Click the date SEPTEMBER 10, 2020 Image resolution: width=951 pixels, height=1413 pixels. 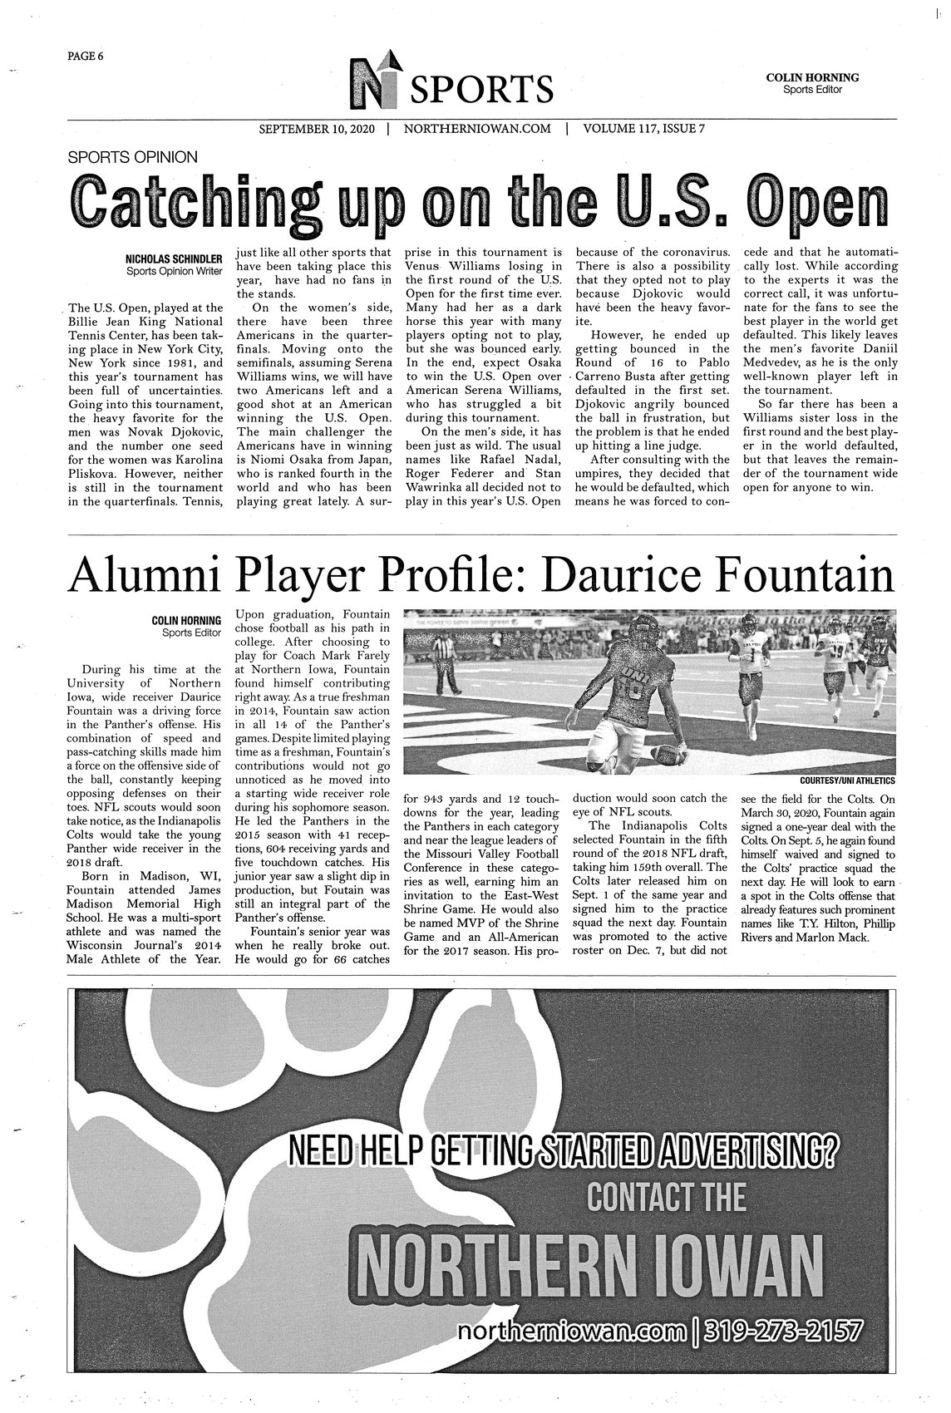317,130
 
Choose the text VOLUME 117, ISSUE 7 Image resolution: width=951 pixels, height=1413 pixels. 644,130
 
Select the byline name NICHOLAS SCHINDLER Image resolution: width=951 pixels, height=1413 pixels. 174,259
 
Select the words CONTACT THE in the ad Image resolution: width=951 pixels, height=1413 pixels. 665,1198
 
